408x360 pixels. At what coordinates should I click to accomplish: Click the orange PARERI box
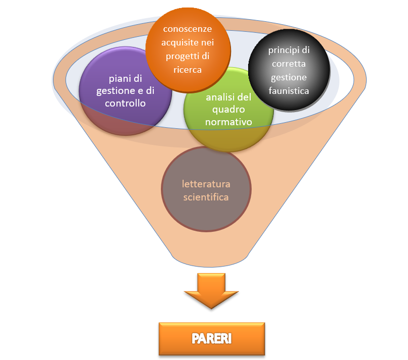[211, 338]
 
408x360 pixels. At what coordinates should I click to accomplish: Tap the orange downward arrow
[211, 291]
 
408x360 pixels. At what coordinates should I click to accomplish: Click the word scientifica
[206, 196]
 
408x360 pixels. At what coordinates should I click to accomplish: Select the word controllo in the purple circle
[126, 104]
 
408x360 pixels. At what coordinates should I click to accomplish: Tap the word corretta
[289, 65]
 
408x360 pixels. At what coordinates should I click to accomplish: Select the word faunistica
[289, 90]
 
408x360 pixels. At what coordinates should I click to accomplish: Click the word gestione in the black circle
[289, 78]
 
